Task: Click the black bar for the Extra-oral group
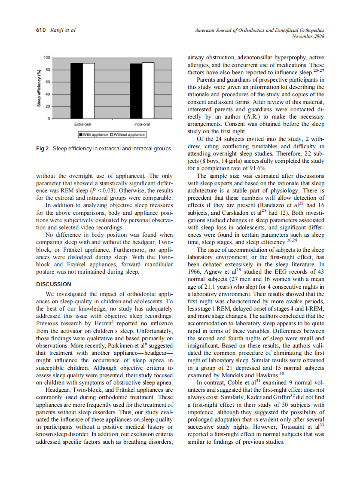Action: (76, 90)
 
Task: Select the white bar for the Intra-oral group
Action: (148, 90)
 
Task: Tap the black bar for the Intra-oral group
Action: (136, 91)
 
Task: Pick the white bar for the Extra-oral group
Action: (88, 90)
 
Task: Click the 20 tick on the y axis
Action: (48, 106)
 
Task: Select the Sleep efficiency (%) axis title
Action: (39, 88)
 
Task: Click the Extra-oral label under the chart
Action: (82, 125)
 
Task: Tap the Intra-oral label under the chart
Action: (142, 125)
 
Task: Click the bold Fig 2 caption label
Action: (42, 149)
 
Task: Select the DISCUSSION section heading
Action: (54, 284)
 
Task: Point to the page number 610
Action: (40, 30)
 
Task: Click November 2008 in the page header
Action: (308, 36)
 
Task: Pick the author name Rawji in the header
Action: (58, 30)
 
